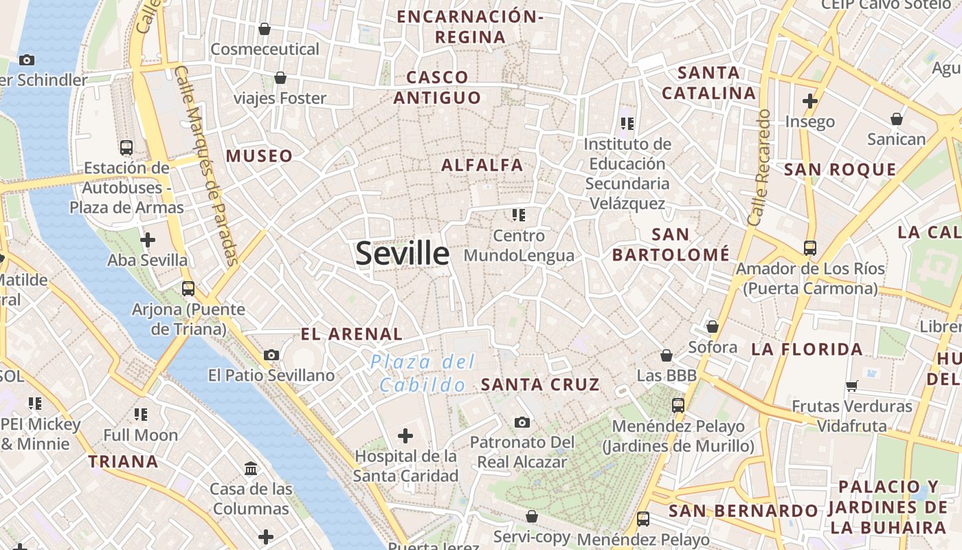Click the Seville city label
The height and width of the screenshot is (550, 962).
403,254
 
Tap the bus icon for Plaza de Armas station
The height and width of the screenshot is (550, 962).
126,147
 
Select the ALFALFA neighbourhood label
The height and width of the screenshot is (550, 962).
482,165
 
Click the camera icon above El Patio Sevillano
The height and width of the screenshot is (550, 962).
271,355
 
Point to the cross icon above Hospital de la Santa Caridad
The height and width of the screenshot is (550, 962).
405,435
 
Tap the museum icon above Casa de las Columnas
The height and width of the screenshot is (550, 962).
251,469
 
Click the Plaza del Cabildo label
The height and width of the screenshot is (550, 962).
423,373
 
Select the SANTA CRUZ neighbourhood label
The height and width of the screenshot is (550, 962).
540,384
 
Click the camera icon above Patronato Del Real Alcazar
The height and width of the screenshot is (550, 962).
522,421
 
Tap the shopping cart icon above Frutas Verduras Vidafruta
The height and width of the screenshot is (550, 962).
852,386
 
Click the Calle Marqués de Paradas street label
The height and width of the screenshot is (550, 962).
205,165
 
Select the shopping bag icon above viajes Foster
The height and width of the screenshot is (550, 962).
280,78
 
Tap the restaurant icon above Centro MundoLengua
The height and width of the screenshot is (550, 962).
519,215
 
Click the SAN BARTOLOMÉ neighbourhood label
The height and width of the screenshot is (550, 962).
671,245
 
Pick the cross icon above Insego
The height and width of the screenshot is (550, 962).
810,101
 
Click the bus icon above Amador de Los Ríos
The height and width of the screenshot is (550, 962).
810,247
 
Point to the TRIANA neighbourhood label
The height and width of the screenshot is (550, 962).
124,461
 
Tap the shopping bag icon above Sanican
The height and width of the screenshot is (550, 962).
897,119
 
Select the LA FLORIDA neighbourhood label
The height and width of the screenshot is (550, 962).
807,349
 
